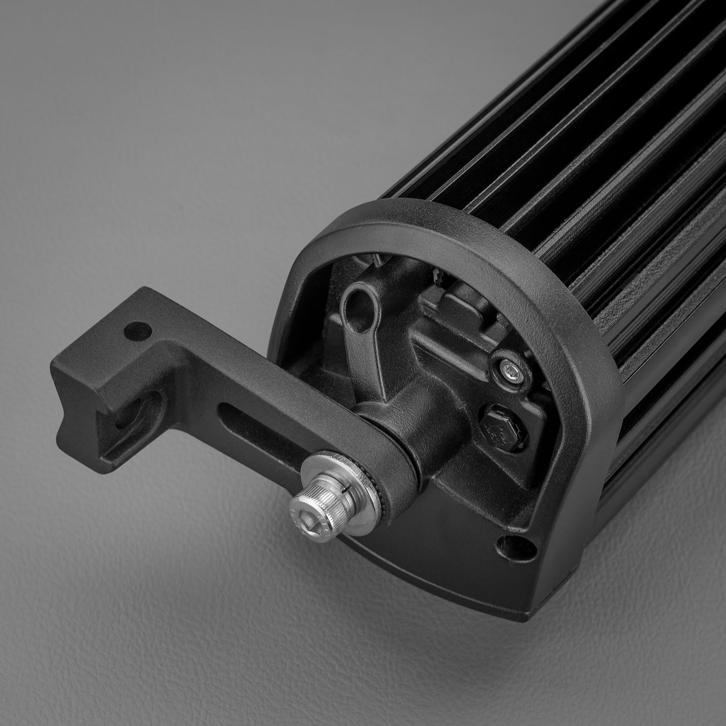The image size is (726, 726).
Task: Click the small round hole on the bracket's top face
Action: tap(138, 331)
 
